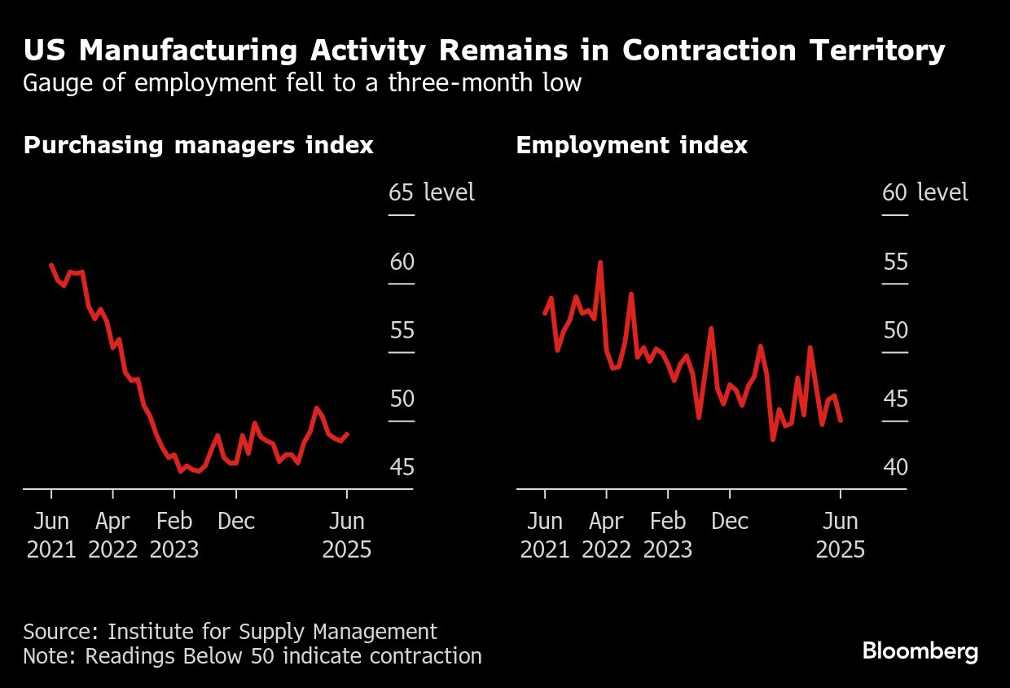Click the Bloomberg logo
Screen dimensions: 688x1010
click(920, 651)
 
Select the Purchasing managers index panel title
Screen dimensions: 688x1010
click(198, 145)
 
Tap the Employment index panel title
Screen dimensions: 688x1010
click(631, 145)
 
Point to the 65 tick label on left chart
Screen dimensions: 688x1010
click(401, 193)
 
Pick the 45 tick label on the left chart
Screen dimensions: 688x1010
click(401, 467)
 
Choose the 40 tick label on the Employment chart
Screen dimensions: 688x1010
click(894, 467)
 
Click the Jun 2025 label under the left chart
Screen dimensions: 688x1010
click(347, 535)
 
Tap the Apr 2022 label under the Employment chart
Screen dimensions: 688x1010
click(606, 535)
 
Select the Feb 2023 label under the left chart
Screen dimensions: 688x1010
click(174, 535)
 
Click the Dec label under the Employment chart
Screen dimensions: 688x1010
click(730, 521)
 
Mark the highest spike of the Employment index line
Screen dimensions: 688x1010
click(600, 262)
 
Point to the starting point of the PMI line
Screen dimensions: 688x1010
click(51, 265)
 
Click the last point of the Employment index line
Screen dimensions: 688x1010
click(841, 421)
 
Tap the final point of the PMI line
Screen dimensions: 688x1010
click(348, 434)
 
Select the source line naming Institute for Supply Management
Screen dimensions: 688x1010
click(230, 631)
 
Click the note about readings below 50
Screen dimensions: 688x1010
click(252, 655)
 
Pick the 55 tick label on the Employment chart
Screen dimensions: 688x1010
click(894, 262)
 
